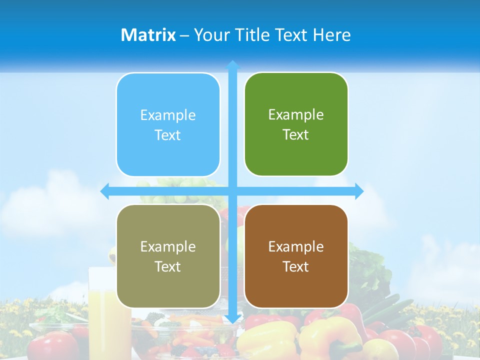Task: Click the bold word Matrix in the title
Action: (148, 35)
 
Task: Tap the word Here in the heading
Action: (332, 35)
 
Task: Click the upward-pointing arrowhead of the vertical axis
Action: (232, 65)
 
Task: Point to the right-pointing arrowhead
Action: (359, 191)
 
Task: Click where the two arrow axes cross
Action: (232, 191)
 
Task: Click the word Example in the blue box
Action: (168, 115)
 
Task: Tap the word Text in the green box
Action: (296, 135)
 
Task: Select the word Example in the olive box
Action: (168, 246)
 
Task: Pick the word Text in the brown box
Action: (296, 266)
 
